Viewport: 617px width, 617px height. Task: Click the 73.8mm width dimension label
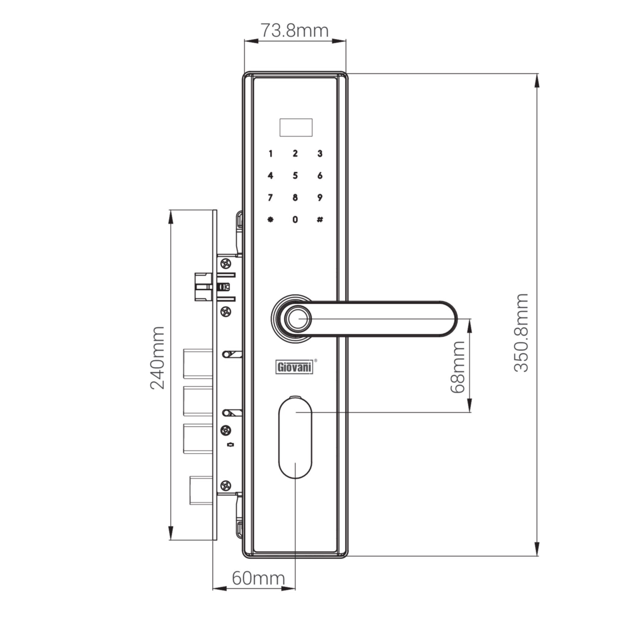[295, 31]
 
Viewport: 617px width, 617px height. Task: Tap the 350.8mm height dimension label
[521, 333]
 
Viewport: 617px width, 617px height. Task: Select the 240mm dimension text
[158, 357]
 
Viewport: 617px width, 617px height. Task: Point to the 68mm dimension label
[457, 367]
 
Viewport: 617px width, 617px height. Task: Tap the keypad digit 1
[271, 154]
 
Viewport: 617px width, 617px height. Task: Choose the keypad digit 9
[320, 197]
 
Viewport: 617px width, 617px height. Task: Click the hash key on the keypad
[320, 219]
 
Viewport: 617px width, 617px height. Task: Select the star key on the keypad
[271, 219]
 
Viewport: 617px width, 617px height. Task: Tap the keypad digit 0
[295, 219]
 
